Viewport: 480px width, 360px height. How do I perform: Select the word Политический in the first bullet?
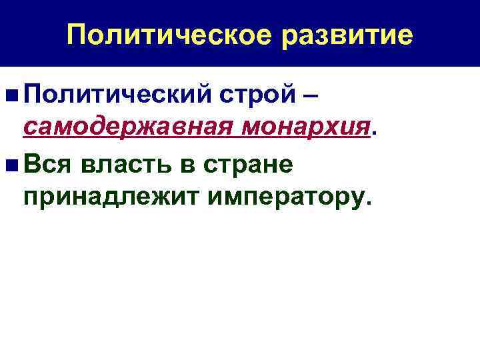pyautogui.click(x=117, y=95)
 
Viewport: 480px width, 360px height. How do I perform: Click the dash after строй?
pyautogui.click(x=309, y=95)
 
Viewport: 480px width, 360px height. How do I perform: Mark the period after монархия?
pyautogui.click(x=373, y=131)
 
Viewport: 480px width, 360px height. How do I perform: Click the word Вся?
pyautogui.click(x=45, y=163)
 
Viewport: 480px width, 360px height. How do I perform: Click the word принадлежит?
pyautogui.click(x=103, y=197)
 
